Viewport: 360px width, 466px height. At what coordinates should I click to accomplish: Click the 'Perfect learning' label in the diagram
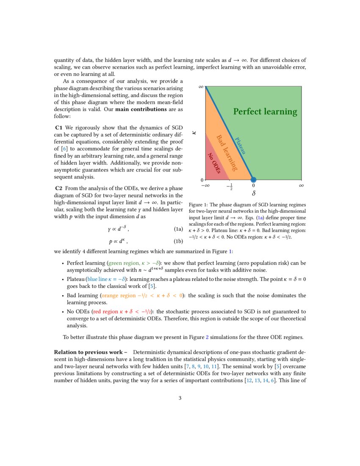265,112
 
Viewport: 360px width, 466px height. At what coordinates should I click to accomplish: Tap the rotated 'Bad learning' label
227,153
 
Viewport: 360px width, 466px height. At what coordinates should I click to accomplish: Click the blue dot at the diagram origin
253,180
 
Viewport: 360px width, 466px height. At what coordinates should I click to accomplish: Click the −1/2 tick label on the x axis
230,186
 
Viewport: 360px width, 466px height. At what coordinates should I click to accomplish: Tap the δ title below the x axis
254,194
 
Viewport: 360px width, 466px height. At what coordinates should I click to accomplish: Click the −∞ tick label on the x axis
205,186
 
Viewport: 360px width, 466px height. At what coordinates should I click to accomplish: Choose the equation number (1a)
178,229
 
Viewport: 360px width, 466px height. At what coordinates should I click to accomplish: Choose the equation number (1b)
178,241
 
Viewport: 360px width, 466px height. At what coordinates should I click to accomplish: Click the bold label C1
59,128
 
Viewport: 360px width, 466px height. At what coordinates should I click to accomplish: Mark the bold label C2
59,188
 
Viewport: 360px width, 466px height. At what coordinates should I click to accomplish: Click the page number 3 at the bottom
180,398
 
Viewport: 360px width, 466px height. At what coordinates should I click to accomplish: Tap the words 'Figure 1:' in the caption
199,205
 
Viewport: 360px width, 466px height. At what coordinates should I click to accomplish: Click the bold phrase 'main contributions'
141,109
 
